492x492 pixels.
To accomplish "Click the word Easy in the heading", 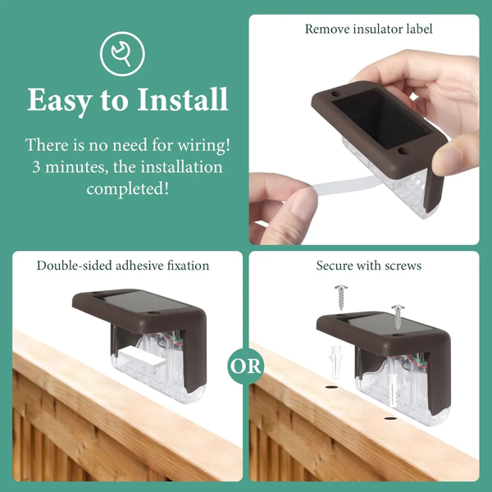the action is pyautogui.click(x=58, y=100).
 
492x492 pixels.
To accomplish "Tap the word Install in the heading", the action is pyautogui.click(x=182, y=99).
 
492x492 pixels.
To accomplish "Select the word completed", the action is pyautogui.click(x=127, y=189).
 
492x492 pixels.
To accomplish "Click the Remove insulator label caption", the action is pyautogui.click(x=368, y=30).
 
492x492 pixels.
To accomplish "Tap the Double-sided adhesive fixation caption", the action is pyautogui.click(x=123, y=266).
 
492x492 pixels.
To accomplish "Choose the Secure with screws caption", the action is pyautogui.click(x=369, y=266).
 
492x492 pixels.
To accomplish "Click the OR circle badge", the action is pyautogui.click(x=245, y=366).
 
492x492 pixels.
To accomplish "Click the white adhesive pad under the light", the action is pyautogui.click(x=141, y=358).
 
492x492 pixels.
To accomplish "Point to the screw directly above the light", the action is pyautogui.click(x=398, y=317).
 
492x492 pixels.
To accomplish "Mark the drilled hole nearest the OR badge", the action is pyautogui.click(x=331, y=387).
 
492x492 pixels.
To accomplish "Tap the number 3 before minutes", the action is pyautogui.click(x=36, y=167).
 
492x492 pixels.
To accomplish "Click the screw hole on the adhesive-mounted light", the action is pyautogui.click(x=153, y=313).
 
